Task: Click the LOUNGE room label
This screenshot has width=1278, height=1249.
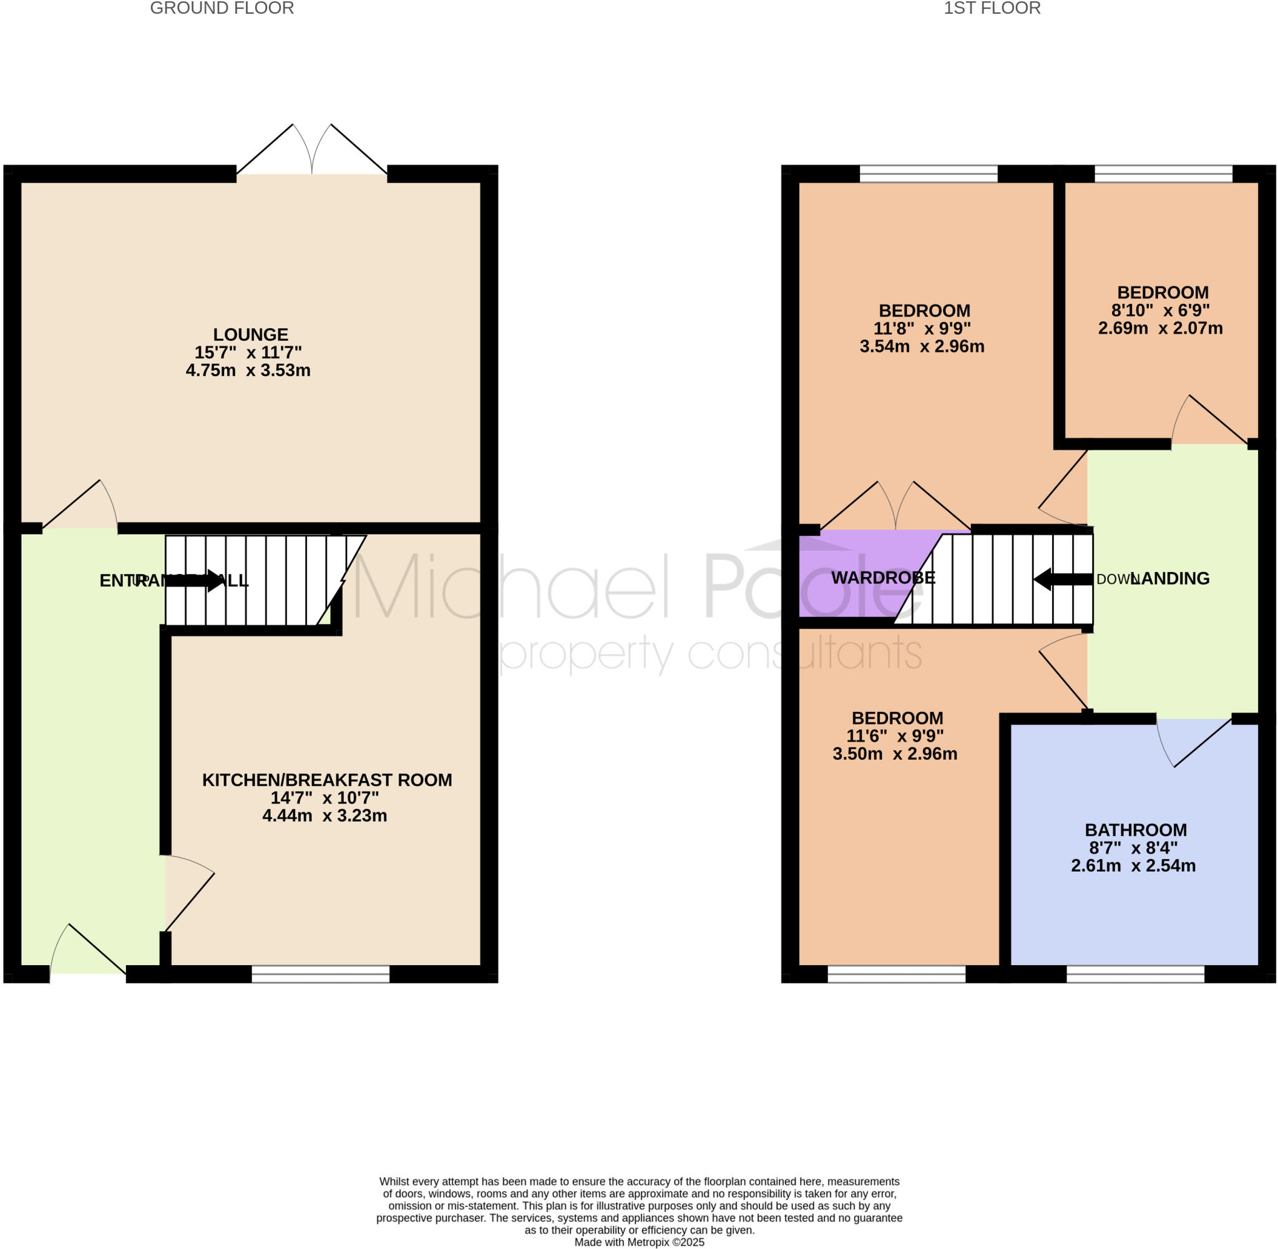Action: coord(250,334)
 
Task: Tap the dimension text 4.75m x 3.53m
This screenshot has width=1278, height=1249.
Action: coord(248,371)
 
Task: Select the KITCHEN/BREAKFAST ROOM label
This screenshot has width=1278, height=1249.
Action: coord(327,780)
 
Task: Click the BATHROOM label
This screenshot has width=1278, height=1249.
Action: coord(1135,830)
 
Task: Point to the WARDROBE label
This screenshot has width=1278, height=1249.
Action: coord(882,578)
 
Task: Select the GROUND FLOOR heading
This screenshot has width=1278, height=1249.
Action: coord(222,9)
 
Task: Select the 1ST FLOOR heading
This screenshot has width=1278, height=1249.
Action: coord(992,9)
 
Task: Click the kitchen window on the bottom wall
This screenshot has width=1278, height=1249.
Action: coord(320,974)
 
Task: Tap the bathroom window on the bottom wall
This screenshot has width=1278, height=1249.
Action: coord(1135,974)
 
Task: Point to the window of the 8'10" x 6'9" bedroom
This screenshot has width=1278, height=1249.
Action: coord(1163,174)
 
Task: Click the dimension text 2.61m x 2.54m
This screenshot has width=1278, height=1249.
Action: coord(1133,866)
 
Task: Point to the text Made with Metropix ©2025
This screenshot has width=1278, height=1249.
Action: coord(639,1242)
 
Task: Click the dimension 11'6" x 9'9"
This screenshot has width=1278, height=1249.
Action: coord(895,736)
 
